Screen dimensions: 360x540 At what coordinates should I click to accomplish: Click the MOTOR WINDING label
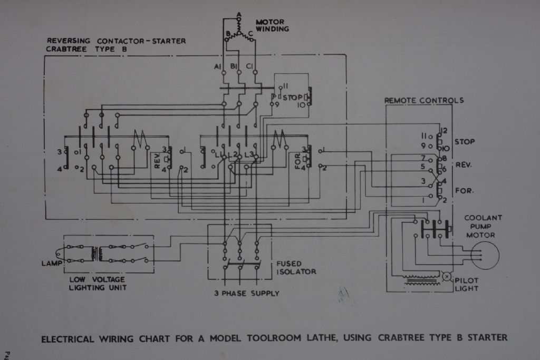pos(272,26)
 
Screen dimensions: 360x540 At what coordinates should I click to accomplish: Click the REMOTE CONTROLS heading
pos(424,100)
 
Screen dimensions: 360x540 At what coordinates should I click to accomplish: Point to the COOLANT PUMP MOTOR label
pos(483,226)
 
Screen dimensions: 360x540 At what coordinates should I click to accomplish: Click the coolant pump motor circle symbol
pos(484,256)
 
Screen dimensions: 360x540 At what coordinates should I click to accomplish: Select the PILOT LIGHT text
pos(467,284)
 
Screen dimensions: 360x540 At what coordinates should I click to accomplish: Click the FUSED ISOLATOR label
pos(296,267)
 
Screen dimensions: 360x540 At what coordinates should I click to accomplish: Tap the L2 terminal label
pos(235,154)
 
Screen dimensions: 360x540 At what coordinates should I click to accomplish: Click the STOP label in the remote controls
pos(464,142)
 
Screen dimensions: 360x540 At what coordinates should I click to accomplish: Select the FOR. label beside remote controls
pos(464,190)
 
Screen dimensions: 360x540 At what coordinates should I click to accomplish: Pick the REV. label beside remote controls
pos(464,164)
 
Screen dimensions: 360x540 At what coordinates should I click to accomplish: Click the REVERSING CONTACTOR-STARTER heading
pos(116,41)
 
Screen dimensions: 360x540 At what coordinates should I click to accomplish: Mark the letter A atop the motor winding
pos(239,14)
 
